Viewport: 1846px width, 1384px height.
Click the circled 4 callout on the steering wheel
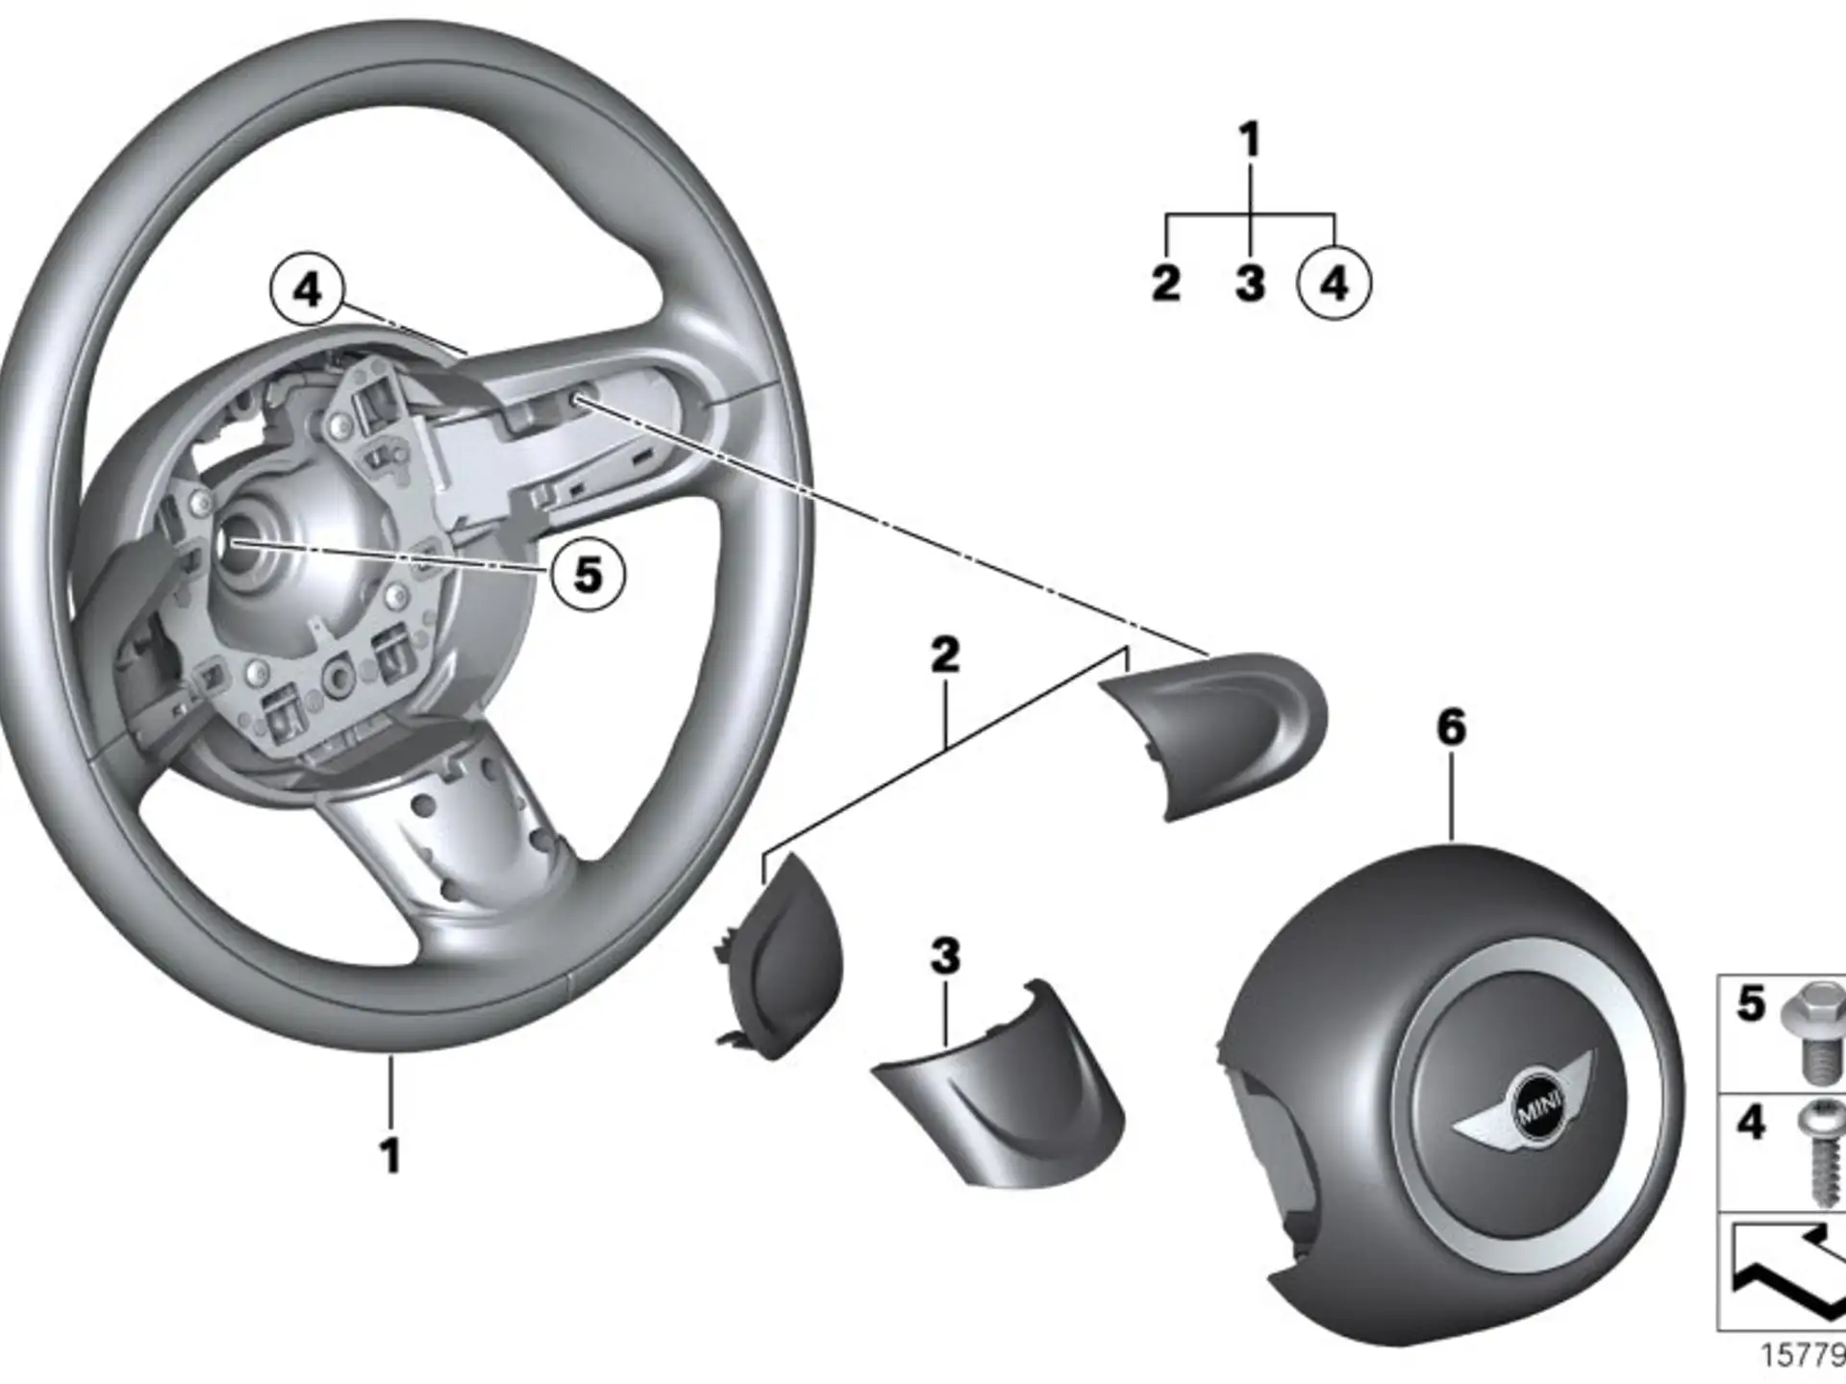click(x=307, y=287)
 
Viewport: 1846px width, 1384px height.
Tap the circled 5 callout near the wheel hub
click(x=587, y=575)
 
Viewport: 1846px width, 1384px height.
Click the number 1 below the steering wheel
click(x=390, y=1155)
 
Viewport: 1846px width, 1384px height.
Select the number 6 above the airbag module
click(x=1451, y=728)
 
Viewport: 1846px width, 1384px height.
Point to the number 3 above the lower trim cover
click(x=945, y=956)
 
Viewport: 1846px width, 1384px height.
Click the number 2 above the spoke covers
click(x=945, y=655)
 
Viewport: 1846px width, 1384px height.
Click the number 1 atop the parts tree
click(x=1249, y=140)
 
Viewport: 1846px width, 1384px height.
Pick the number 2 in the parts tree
click(x=1165, y=284)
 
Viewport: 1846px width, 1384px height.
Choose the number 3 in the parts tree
click(x=1250, y=284)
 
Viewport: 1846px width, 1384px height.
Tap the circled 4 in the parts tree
click(x=1334, y=284)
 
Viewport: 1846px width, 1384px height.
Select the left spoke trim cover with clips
click(x=779, y=956)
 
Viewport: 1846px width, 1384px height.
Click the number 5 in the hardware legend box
click(x=1751, y=1003)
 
